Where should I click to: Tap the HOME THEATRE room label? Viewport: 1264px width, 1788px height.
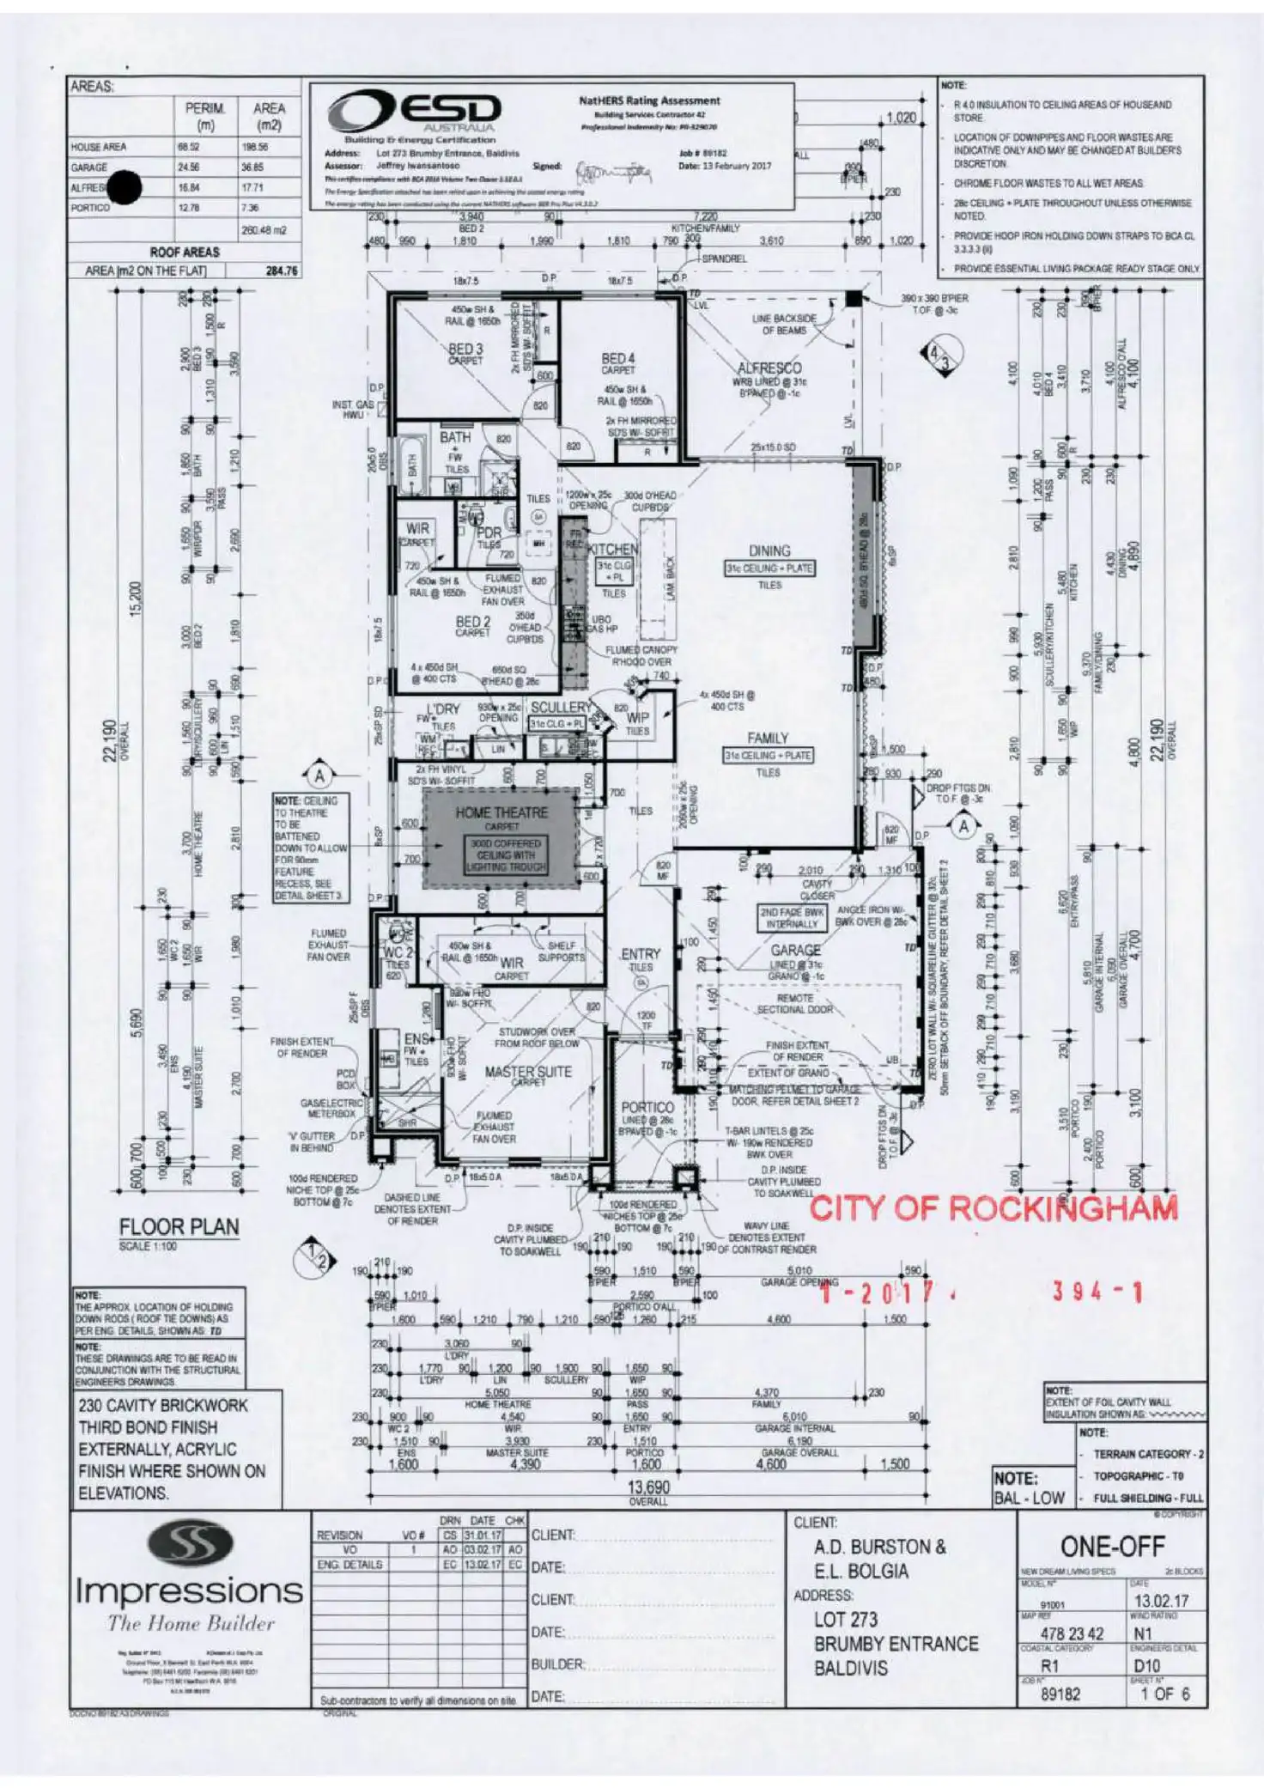tap(501, 812)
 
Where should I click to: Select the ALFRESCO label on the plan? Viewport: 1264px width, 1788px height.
tap(769, 368)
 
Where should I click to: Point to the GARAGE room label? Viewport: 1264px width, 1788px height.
tap(795, 950)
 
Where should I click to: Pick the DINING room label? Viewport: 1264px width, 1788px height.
tap(769, 550)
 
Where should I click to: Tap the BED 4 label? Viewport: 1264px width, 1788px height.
tap(618, 358)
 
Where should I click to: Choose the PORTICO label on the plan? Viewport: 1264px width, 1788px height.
tap(647, 1107)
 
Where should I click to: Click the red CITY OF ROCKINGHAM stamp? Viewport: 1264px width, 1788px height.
tap(994, 1208)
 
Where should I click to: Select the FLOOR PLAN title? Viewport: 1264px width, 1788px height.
tap(179, 1227)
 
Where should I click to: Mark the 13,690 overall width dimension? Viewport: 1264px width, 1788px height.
tap(648, 1487)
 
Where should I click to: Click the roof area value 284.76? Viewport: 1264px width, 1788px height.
tap(282, 271)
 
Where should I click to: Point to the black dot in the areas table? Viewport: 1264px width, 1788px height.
tap(125, 187)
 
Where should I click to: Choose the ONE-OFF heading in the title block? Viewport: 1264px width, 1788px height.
tap(1112, 1547)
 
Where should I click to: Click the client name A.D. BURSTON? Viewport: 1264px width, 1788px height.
tap(879, 1547)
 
